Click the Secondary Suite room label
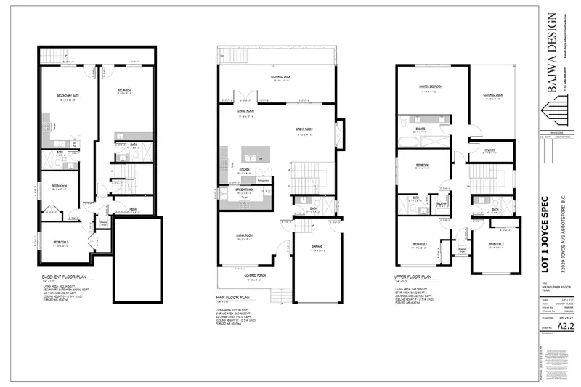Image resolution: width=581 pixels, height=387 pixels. [68, 96]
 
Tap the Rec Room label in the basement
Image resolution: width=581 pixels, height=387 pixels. [124, 89]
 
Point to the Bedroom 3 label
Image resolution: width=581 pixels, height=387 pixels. [62, 241]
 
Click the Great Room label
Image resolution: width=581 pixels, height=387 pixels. [304, 130]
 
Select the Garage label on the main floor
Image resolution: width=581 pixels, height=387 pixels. [317, 246]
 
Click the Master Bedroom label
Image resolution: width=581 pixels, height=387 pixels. [431, 86]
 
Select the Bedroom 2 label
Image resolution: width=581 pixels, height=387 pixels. [496, 243]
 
